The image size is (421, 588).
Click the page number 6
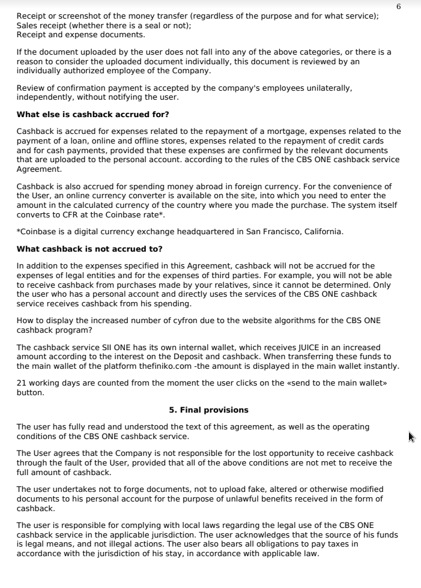point(399,6)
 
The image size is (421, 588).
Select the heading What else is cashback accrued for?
point(92,114)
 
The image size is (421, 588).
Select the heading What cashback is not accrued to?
point(89,249)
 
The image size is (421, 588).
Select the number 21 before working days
point(21,383)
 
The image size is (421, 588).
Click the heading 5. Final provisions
point(208,410)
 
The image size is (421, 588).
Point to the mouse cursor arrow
point(411,436)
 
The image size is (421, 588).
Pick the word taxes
point(351,544)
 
